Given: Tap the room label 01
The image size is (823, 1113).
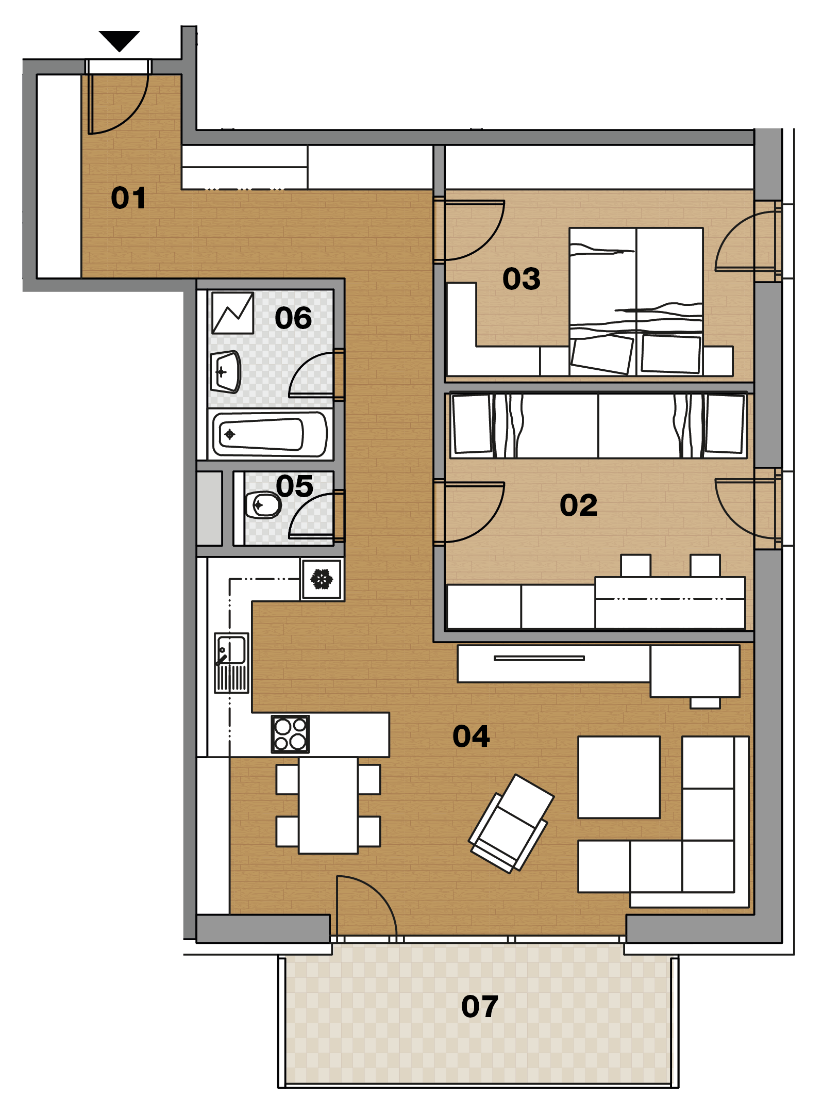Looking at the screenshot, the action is (128, 198).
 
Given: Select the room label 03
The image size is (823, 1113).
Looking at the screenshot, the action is (522, 279).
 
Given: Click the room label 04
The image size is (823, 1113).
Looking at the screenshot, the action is (471, 736).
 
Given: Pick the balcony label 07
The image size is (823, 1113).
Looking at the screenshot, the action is (480, 1006).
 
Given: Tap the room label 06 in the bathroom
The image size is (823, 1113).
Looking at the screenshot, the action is (293, 318).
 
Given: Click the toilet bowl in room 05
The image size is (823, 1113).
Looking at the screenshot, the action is (263, 505).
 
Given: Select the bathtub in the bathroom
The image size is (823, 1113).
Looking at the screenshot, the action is (270, 434).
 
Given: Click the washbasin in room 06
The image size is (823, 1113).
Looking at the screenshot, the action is (225, 372).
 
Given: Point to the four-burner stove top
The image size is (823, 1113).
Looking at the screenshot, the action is (290, 734).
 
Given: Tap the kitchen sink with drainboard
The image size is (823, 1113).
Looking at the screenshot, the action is (231, 663).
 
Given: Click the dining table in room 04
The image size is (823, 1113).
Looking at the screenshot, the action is (328, 805).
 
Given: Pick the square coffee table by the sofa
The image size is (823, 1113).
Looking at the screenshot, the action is (619, 777).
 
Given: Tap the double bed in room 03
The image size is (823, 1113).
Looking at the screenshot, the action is (636, 302).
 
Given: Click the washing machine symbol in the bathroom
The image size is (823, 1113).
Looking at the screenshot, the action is (233, 313).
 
